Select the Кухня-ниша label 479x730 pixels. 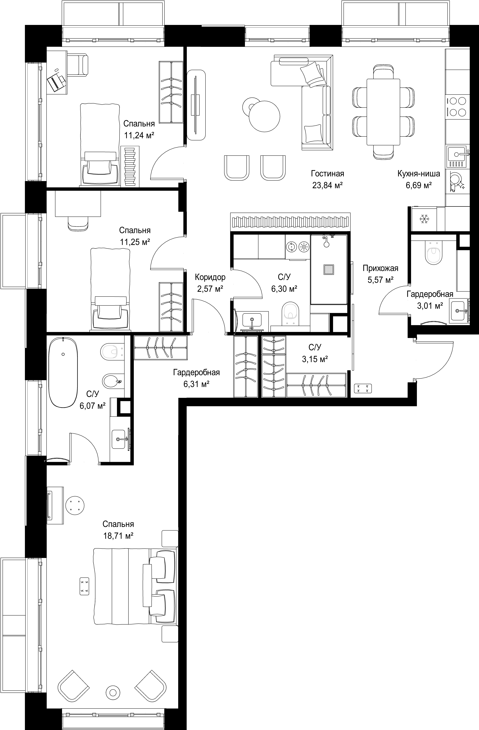tap(419, 174)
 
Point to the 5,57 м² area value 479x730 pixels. tap(380, 280)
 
